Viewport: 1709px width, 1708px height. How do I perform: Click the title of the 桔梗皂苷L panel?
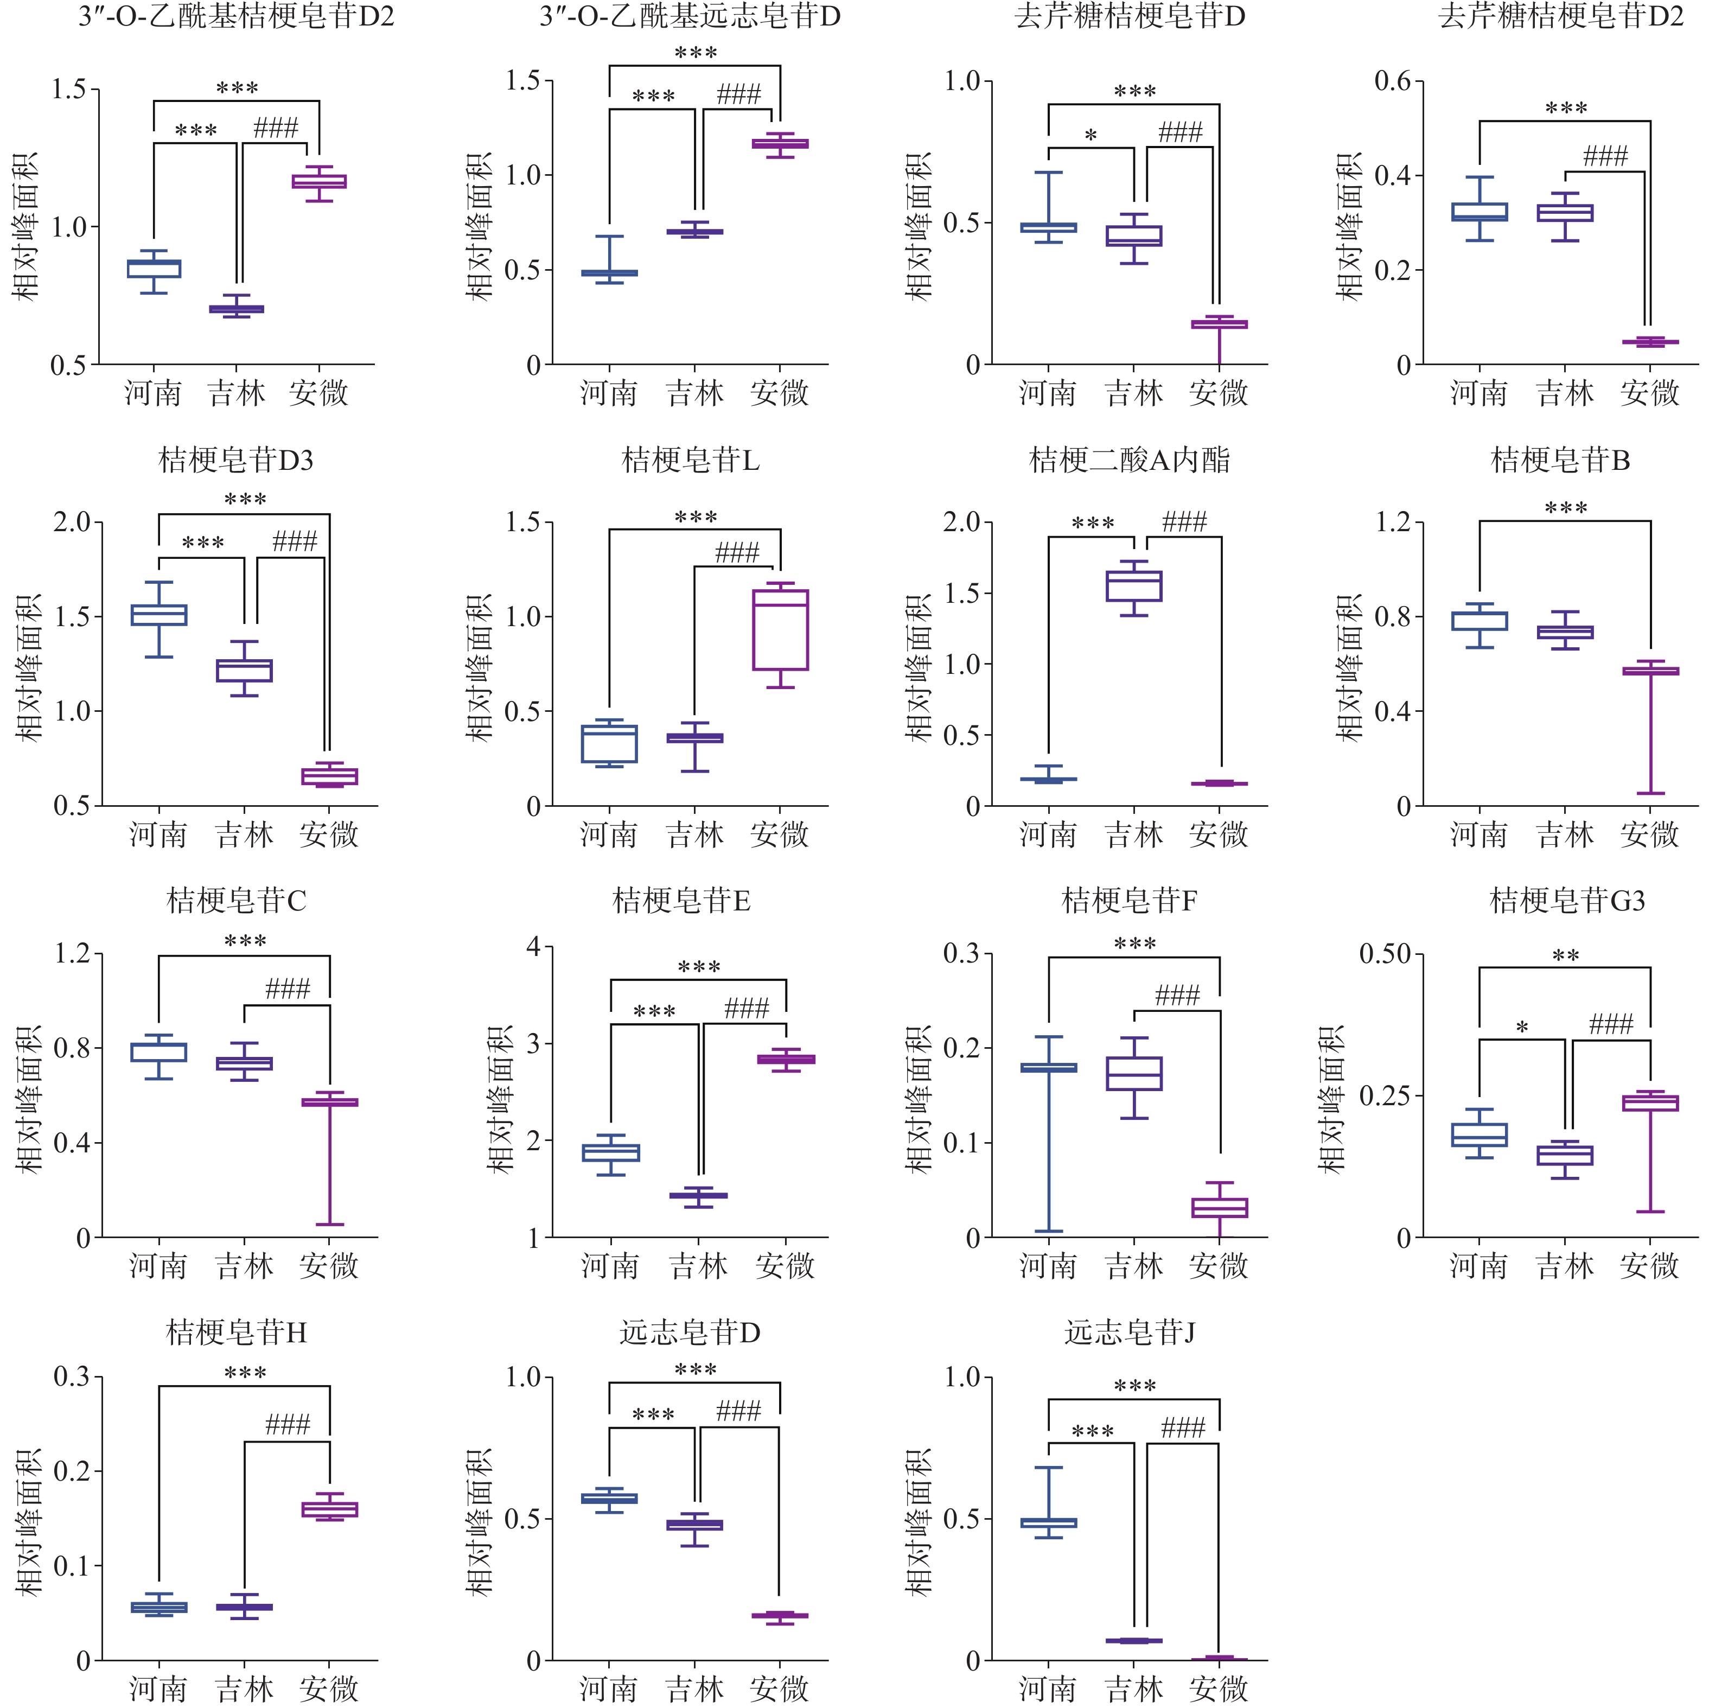click(x=690, y=460)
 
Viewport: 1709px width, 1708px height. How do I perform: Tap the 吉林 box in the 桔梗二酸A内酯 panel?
click(x=1133, y=585)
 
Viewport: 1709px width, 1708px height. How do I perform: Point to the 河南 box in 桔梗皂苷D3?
click(x=159, y=615)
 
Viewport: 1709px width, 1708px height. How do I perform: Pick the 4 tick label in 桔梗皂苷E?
click(x=533, y=947)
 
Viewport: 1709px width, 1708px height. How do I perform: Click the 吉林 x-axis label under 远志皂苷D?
click(x=694, y=1688)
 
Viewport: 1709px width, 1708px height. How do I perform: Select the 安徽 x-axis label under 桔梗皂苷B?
click(x=1649, y=834)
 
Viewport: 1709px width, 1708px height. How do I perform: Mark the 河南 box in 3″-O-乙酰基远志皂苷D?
click(x=609, y=273)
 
